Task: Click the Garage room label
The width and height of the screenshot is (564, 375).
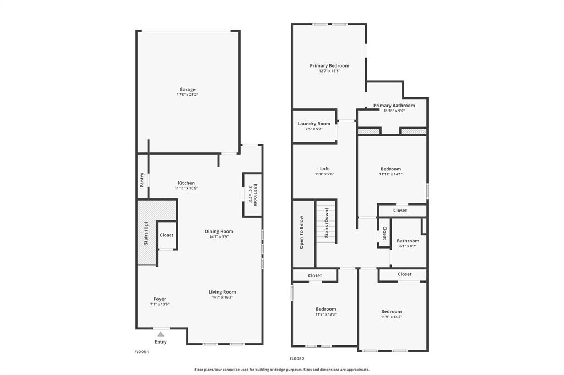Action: (x=187, y=89)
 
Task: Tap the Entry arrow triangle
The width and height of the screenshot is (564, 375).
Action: (x=160, y=333)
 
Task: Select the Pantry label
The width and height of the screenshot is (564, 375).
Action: (x=142, y=179)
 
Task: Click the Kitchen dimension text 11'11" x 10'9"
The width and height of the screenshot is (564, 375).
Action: (x=186, y=188)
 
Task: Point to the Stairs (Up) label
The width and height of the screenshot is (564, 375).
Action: (x=146, y=233)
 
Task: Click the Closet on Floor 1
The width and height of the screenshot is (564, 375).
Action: (x=166, y=235)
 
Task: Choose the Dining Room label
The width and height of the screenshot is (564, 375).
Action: (x=219, y=231)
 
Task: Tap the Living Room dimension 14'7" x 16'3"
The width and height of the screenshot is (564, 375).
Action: (x=222, y=297)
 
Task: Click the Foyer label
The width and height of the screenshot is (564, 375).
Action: (x=160, y=299)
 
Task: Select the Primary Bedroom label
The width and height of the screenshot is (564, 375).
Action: (x=329, y=65)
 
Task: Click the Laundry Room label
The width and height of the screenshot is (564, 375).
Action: (x=314, y=124)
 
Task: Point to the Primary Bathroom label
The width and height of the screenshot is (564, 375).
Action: (x=394, y=106)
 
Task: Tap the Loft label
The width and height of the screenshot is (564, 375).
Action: (x=324, y=169)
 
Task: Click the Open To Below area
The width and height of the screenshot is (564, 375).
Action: (x=302, y=233)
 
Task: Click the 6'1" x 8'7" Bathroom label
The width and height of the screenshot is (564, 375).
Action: (x=408, y=241)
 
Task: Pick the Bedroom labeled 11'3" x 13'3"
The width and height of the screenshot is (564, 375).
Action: (x=326, y=309)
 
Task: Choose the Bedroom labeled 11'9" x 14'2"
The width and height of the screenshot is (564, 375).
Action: (x=391, y=311)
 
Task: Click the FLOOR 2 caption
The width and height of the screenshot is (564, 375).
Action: (x=297, y=359)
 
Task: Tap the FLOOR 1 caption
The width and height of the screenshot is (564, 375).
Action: (x=142, y=351)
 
